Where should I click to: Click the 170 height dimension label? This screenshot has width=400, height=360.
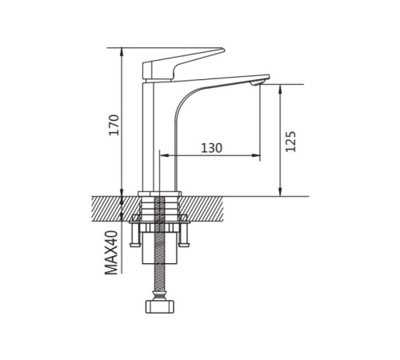(114, 125)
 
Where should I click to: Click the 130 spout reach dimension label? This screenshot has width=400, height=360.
(211, 148)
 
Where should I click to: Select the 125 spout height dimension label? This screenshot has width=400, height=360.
(290, 142)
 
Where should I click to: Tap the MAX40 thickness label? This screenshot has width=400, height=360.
(111, 252)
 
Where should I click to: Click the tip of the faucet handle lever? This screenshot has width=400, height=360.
(223, 50)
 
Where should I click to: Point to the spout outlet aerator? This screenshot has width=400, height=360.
(255, 84)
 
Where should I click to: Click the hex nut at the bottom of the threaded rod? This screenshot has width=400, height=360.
(160, 306)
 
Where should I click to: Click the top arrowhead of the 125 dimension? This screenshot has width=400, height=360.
(280, 89)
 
